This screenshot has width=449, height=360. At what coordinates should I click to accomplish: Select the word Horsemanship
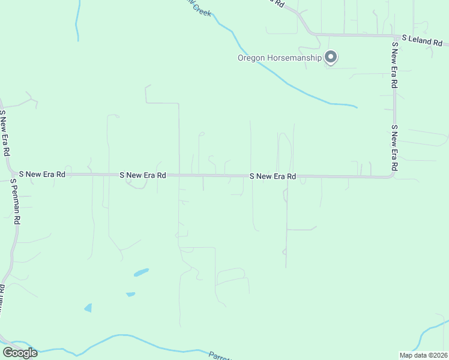294,58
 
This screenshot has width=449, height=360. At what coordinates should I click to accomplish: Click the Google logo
20,353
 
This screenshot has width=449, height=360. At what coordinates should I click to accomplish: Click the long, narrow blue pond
141,272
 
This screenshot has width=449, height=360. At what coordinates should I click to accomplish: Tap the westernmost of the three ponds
89,308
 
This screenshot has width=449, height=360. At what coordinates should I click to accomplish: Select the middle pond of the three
130,294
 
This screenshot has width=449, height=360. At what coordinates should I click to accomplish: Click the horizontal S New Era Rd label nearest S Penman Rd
42,174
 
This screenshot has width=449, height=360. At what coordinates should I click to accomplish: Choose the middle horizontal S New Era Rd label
143,175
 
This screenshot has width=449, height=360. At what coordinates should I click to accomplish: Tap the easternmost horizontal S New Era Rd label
273,176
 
